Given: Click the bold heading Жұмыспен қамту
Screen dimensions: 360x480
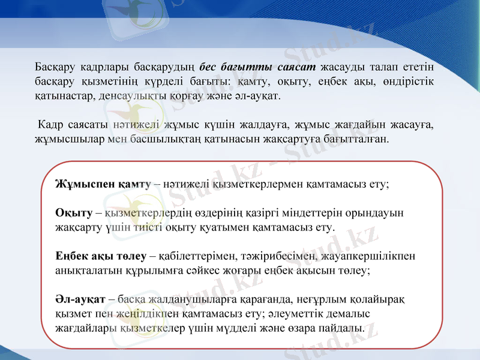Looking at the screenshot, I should coord(103,184).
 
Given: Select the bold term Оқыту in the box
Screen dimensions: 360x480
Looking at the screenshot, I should coord(73,212).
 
